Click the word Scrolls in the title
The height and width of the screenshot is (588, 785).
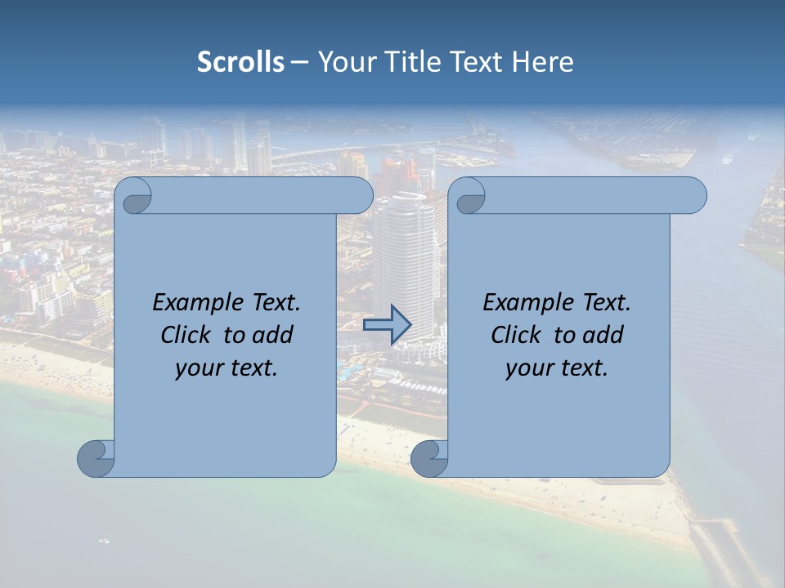coord(241,62)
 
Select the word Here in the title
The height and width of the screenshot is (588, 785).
coord(543,62)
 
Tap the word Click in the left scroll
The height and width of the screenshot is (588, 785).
coord(186,336)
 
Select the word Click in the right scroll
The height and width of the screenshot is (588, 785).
coord(516,336)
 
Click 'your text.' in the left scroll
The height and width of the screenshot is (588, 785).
coord(227,368)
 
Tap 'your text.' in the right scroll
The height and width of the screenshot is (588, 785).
coord(557,368)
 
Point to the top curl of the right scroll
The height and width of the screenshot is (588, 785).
coord(469,196)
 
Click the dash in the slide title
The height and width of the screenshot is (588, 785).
coord(300,62)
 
